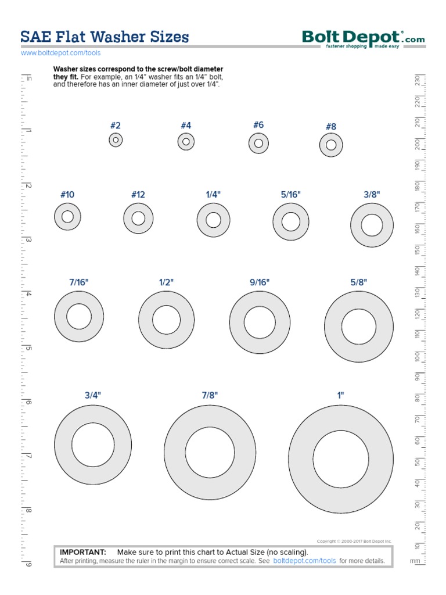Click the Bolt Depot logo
[x=363, y=39]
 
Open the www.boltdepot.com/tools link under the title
[x=60, y=53]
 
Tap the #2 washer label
[x=116, y=126]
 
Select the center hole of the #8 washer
[x=331, y=145]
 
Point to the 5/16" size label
[x=291, y=195]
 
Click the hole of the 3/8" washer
[x=372, y=225]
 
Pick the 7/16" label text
[x=79, y=282]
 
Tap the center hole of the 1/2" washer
[x=166, y=320]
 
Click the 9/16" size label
[x=260, y=282]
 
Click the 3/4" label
[x=93, y=395]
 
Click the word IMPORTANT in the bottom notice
[x=83, y=552]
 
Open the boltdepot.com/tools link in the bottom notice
[x=304, y=561]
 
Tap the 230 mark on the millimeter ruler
[x=417, y=81]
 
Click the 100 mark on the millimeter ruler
[x=417, y=356]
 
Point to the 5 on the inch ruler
[x=27, y=349]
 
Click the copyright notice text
[x=354, y=541]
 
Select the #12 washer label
[x=138, y=195]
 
